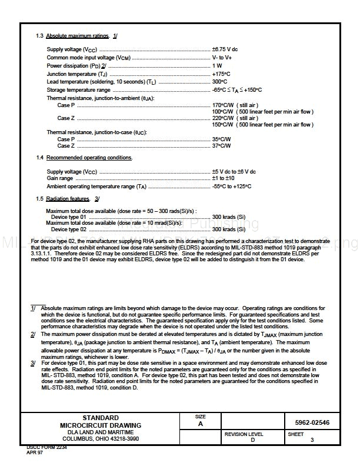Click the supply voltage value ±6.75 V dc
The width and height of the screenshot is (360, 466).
pyautogui.click(x=225, y=49)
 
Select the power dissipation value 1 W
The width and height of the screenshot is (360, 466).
pyautogui.click(x=217, y=66)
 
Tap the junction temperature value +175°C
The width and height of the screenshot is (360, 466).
pyautogui.click(x=221, y=74)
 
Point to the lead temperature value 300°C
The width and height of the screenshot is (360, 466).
pyautogui.click(x=219, y=82)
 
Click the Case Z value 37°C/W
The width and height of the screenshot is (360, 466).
pyautogui.click(x=221, y=146)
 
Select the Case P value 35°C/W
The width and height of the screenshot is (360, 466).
pyautogui.click(x=221, y=139)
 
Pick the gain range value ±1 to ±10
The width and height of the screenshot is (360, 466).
pyautogui.click(x=224, y=178)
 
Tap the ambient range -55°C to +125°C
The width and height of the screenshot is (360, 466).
pyautogui.click(x=232, y=187)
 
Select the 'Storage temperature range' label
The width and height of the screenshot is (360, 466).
pyautogui.click(x=78, y=90)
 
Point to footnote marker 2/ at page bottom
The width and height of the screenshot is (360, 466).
pyautogui.click(x=34, y=334)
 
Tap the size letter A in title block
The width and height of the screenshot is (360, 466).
pyautogui.click(x=200, y=424)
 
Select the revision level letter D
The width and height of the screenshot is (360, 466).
pyautogui.click(x=252, y=440)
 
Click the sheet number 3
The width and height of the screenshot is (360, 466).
pyautogui.click(x=312, y=440)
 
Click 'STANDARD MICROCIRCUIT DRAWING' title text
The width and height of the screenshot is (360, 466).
pyautogui.click(x=100, y=421)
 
